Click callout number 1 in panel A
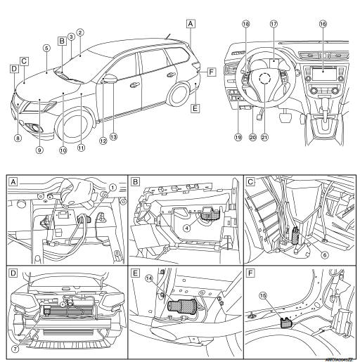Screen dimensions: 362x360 [x=112, y=187]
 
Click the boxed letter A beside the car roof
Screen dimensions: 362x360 [x=190, y=22]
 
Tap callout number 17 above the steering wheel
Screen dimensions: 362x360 [x=274, y=24]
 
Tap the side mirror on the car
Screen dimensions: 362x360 [x=111, y=79]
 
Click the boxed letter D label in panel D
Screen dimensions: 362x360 [x=13, y=271]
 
